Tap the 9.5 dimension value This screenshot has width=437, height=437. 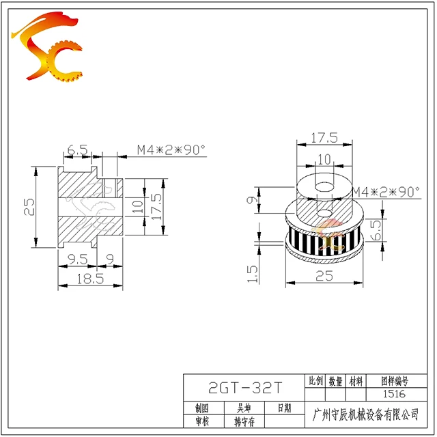78,259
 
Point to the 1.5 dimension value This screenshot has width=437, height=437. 253,274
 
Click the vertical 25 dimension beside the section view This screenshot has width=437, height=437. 29,207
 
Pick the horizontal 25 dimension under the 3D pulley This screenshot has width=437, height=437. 324,276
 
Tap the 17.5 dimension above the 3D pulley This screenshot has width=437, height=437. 324,138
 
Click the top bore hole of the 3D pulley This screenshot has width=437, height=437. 324,187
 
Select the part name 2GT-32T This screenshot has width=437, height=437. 245,388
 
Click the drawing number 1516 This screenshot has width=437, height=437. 394,394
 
